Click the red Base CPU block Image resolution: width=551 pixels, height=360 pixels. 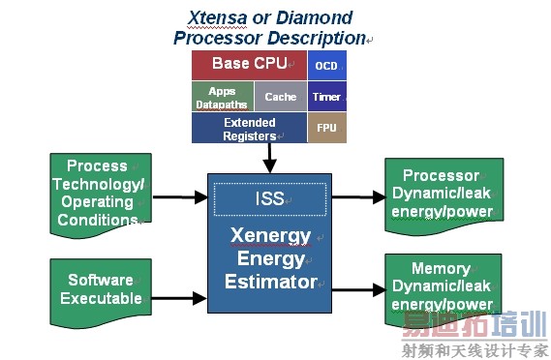click(249, 65)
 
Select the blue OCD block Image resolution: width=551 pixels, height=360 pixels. click(326, 66)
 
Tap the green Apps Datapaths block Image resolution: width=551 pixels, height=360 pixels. click(222, 97)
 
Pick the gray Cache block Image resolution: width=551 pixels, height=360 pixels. click(281, 97)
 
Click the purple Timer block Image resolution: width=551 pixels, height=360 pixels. click(326, 97)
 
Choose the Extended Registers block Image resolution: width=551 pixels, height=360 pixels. click(249, 129)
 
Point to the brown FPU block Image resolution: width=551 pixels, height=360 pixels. click(326, 129)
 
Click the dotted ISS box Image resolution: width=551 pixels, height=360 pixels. click(269, 198)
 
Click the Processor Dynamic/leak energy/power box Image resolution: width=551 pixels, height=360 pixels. click(441, 194)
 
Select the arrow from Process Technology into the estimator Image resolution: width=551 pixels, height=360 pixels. click(178, 199)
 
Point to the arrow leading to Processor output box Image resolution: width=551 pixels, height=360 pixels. click(357, 196)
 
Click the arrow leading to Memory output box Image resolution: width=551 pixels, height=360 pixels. click(357, 287)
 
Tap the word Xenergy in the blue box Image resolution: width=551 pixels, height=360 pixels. click(270, 235)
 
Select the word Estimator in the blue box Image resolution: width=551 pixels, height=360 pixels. click(270, 283)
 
